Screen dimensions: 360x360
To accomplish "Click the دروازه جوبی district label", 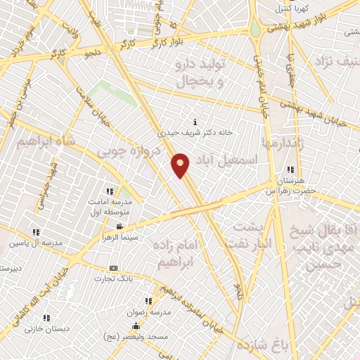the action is coord(127,150).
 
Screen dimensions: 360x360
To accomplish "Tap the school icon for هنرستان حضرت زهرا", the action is coord(290,169).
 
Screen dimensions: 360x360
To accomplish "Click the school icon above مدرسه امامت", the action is coord(109,191).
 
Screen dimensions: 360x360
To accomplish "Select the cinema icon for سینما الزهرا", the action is coord(120,226).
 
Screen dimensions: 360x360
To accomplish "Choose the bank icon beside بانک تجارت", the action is coord(113,268).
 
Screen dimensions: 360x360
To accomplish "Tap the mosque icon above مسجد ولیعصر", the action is coord(136,326).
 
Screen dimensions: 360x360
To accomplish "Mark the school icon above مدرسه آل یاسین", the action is coord(36,232).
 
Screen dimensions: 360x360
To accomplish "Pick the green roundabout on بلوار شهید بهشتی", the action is coord(254,30).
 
